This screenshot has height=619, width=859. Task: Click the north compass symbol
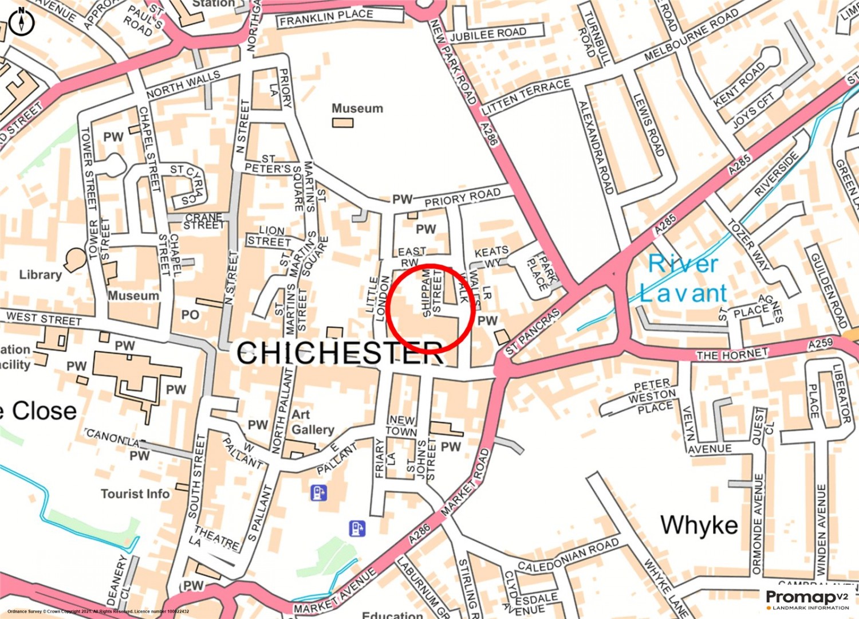click(x=22, y=22)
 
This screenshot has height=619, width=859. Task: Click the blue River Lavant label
click(x=683, y=279)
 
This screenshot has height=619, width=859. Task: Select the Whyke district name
click(x=699, y=525)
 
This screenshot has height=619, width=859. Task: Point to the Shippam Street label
click(x=432, y=293)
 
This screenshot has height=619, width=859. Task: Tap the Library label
click(x=40, y=275)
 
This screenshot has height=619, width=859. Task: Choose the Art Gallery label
click(x=312, y=422)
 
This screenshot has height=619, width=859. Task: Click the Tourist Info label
click(x=135, y=494)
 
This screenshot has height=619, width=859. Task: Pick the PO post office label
click(x=190, y=315)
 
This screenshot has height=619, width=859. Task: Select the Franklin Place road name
click(x=326, y=18)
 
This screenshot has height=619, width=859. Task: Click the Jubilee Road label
click(x=488, y=34)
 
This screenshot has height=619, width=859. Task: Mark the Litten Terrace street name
click(x=526, y=96)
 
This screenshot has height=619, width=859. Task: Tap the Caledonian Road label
click(x=568, y=554)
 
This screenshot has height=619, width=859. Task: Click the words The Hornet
click(x=732, y=355)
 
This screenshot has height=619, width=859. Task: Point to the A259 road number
click(x=820, y=344)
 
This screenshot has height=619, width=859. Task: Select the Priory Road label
click(x=462, y=198)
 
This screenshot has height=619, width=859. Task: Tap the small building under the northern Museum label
click(x=342, y=123)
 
